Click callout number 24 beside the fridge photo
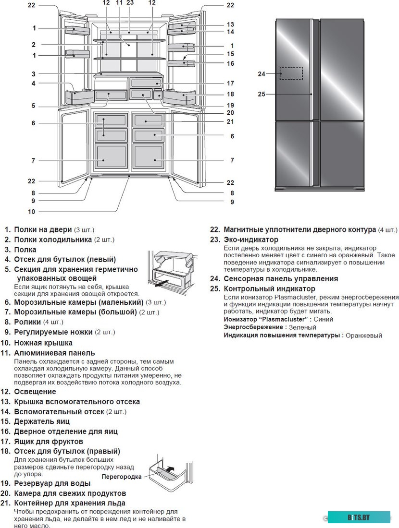pyautogui.click(x=262, y=74)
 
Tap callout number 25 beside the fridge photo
pyautogui.click(x=262, y=94)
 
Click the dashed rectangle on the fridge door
pyautogui.click(x=291, y=73)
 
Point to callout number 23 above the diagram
pyautogui.click(x=130, y=3)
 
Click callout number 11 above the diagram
pyautogui.click(x=120, y=3)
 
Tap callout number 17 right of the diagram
pyautogui.click(x=230, y=83)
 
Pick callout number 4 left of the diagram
pyautogui.click(x=34, y=83)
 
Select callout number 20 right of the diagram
pyautogui.click(x=230, y=113)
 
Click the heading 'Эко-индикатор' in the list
pyautogui.click(x=251, y=240)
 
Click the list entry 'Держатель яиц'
pyautogui.click(x=42, y=421)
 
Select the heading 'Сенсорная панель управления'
pyautogui.click(x=280, y=278)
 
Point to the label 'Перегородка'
pyautogui.click(x=122, y=477)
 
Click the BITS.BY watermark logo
pyautogui.click(x=359, y=517)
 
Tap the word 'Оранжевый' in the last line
pyautogui.click(x=364, y=336)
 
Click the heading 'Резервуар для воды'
pyautogui.click(x=52, y=483)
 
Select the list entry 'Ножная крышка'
pyautogui.click(x=43, y=343)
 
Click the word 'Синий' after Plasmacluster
pyautogui.click(x=323, y=319)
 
